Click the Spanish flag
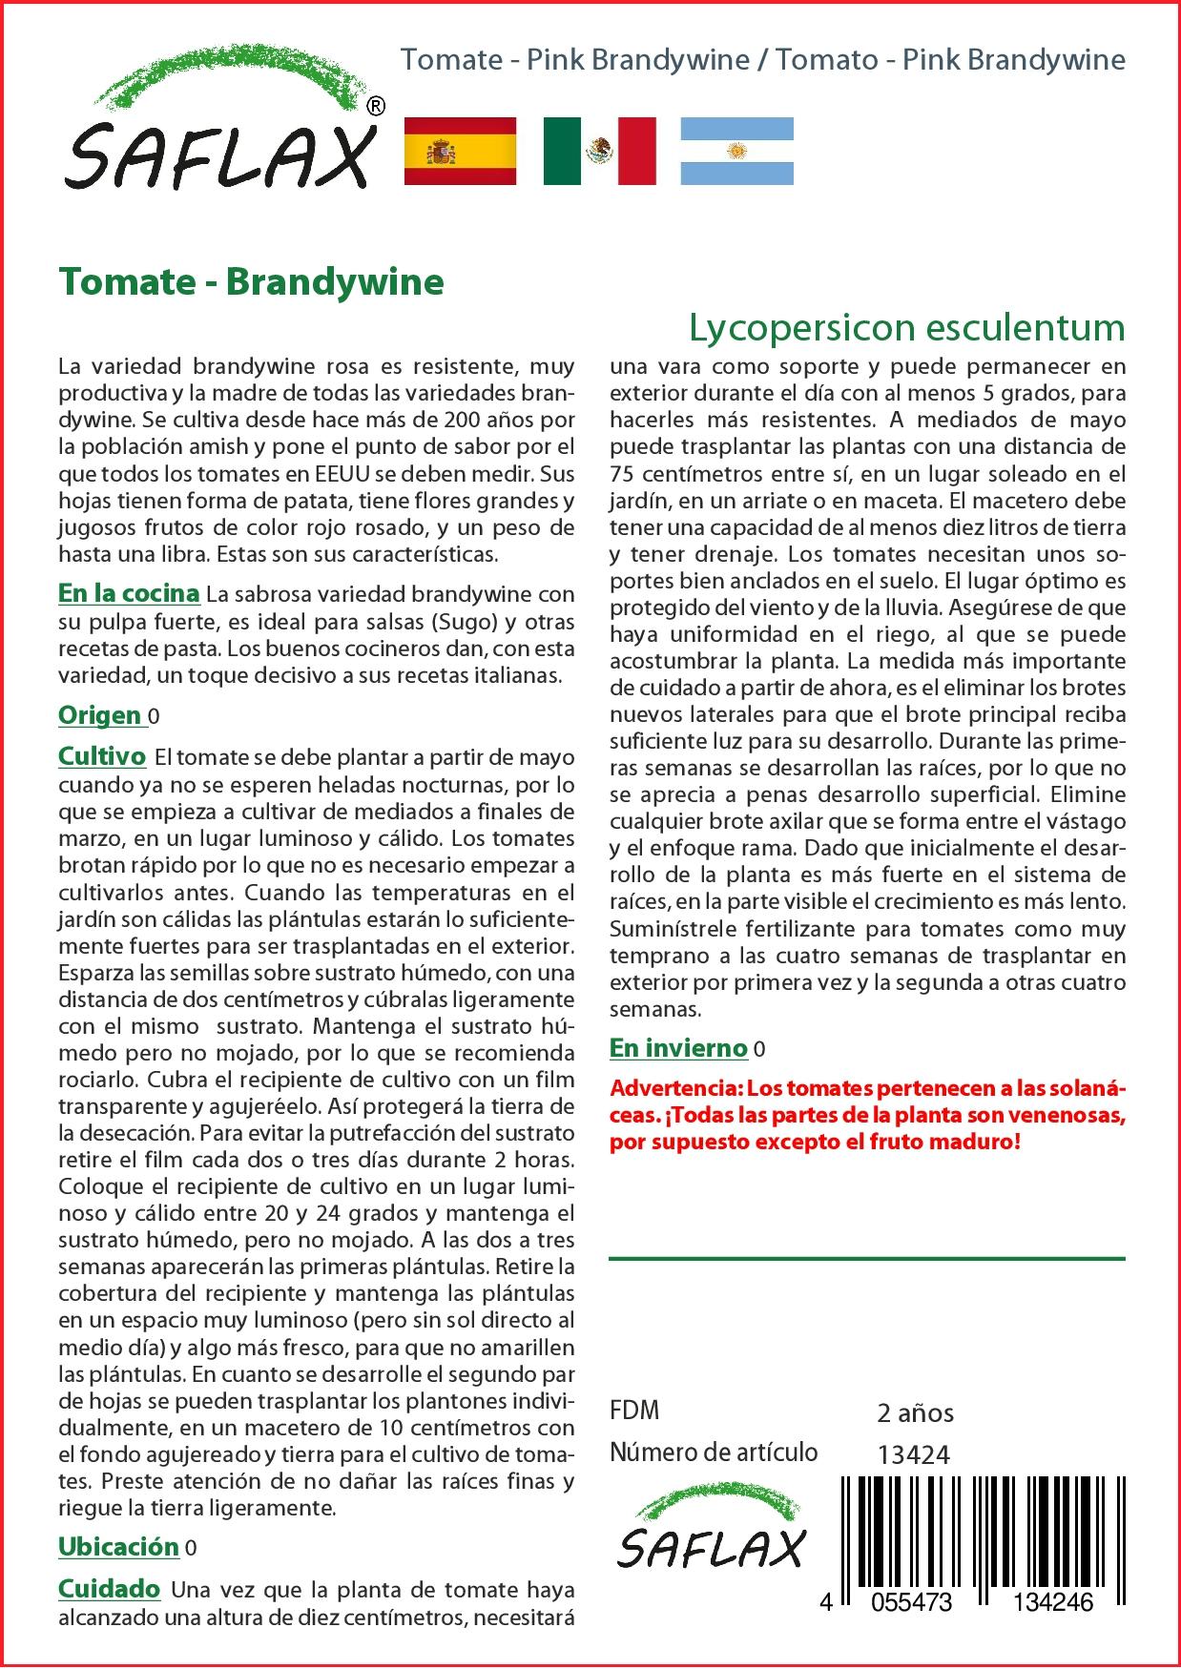click(460, 151)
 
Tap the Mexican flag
click(599, 151)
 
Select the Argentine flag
click(736, 151)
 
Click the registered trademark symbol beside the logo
click(376, 107)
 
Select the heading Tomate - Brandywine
click(251, 282)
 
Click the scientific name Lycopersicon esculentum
click(906, 327)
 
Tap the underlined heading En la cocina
click(129, 593)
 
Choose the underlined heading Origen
click(99, 715)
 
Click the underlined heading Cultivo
click(102, 756)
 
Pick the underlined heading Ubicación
click(118, 1547)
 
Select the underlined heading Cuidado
click(109, 1589)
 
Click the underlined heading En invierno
click(678, 1048)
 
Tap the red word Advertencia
click(673, 1088)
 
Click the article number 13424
click(913, 1453)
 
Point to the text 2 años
click(915, 1412)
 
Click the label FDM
click(634, 1411)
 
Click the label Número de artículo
click(714, 1453)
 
